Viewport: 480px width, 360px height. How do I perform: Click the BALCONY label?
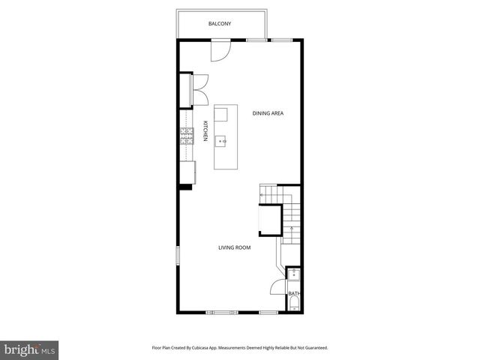pyautogui.click(x=220, y=24)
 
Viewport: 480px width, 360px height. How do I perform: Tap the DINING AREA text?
pyautogui.click(x=267, y=113)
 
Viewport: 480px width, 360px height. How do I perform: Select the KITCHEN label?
pyautogui.click(x=205, y=131)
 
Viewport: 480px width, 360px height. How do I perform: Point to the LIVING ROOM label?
pyautogui.click(x=234, y=247)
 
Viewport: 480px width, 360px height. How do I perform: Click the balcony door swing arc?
pyautogui.click(x=220, y=49)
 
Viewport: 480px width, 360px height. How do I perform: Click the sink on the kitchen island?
pyautogui.click(x=222, y=140)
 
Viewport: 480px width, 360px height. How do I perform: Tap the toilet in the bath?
pyautogui.click(x=294, y=304)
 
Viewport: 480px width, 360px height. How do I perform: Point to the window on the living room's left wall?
pyautogui.click(x=178, y=255)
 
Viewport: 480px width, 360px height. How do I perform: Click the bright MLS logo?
pyautogui.click(x=30, y=349)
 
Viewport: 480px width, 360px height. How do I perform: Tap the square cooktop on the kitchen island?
pyautogui.click(x=221, y=115)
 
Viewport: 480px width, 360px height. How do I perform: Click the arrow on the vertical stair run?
pyautogui.click(x=290, y=225)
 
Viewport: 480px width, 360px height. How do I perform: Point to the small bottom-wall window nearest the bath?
pyautogui.click(x=268, y=311)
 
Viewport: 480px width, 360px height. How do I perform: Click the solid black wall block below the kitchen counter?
pyautogui.click(x=185, y=186)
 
